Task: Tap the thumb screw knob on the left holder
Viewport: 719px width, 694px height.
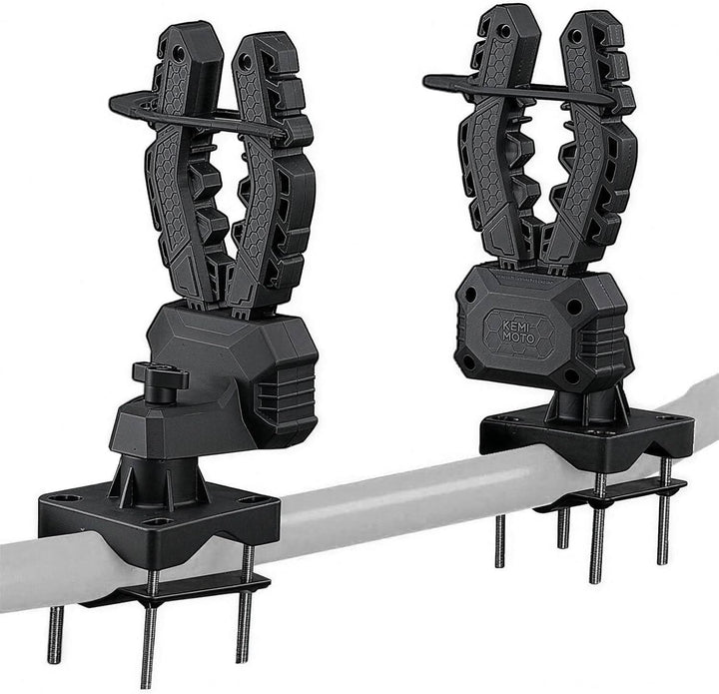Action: [x=160, y=380]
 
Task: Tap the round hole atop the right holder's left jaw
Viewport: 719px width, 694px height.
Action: [x=496, y=22]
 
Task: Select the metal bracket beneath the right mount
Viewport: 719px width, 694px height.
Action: [x=609, y=494]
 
